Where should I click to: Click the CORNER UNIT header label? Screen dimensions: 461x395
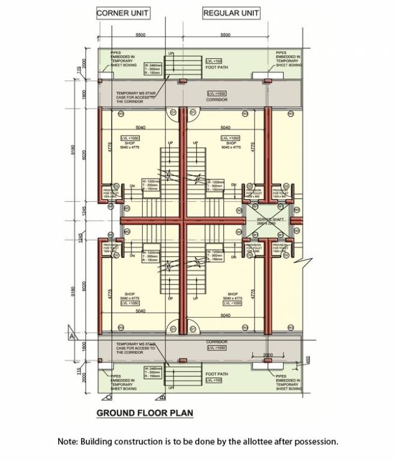tap(123, 13)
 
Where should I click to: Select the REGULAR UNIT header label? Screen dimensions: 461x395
tap(231, 13)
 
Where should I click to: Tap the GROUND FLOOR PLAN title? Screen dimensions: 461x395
tap(145, 413)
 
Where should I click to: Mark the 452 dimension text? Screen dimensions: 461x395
tap(307, 360)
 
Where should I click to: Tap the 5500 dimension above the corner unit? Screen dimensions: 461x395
tap(140, 36)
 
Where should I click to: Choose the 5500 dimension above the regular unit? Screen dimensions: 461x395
tap(225, 36)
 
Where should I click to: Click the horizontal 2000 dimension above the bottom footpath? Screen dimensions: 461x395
tap(268, 355)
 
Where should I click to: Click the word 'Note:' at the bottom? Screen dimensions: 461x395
tap(68, 441)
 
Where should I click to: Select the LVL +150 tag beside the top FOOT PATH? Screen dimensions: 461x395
tap(214, 61)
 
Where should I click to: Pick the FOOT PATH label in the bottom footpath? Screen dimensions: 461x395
tap(216, 374)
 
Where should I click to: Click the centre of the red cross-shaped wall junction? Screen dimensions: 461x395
tap(183, 221)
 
